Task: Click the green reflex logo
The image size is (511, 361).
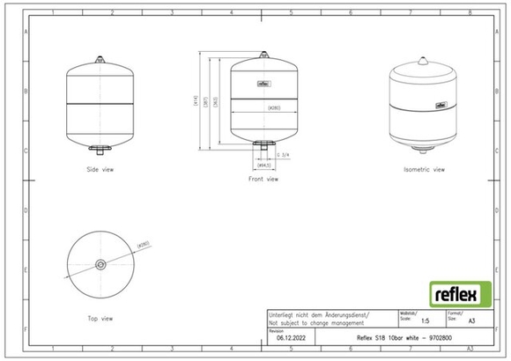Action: point(455,292)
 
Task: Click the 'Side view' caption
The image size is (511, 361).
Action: point(100,168)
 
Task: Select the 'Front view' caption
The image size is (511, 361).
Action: point(263,179)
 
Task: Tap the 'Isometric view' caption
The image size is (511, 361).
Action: point(424,168)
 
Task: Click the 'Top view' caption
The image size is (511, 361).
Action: point(100,318)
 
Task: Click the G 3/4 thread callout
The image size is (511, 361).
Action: point(283,155)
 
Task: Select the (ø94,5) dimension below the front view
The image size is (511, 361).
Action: point(263,165)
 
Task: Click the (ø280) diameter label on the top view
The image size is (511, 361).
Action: point(144,245)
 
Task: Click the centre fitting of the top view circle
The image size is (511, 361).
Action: point(100,263)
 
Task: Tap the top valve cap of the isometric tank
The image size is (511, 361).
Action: point(424,63)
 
